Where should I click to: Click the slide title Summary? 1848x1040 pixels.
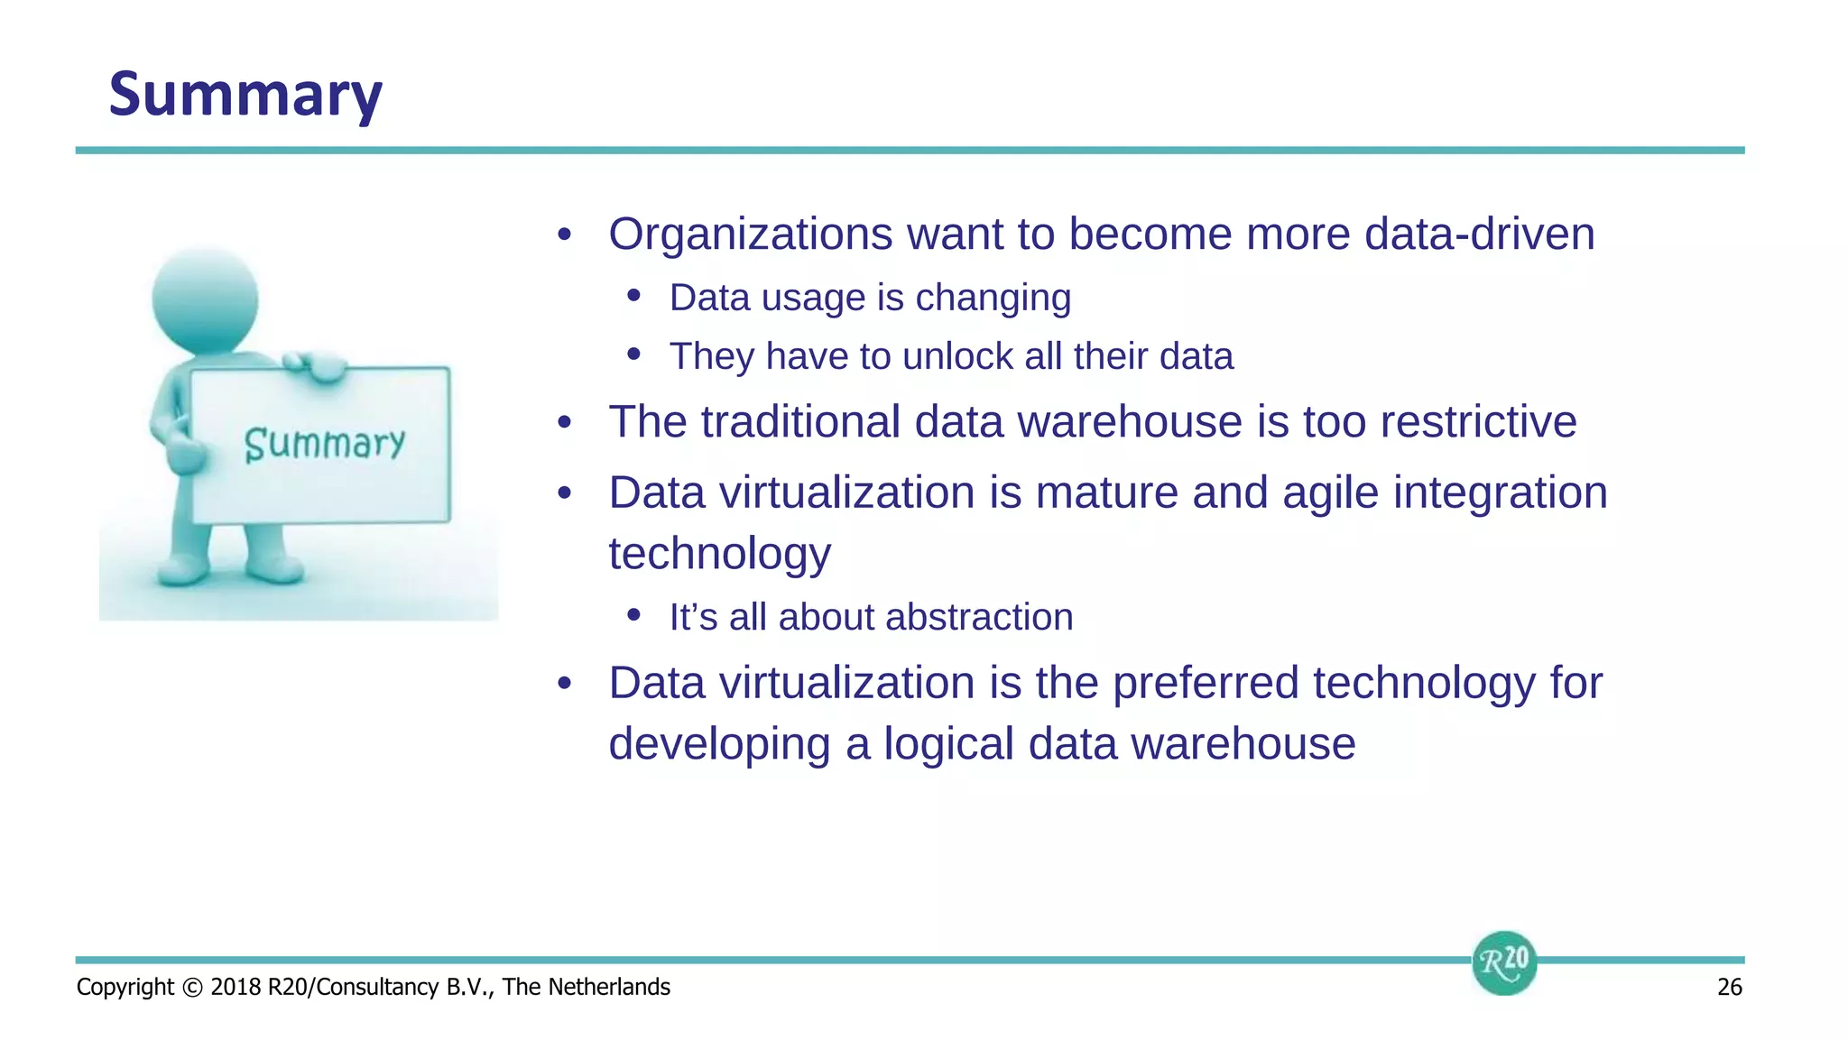pyautogui.click(x=245, y=95)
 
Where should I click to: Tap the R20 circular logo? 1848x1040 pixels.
pyautogui.click(x=1503, y=962)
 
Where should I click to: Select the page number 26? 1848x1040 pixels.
pyautogui.click(x=1729, y=987)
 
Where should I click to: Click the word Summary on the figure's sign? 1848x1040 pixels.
pyautogui.click(x=324, y=444)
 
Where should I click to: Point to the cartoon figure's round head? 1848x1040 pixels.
pyautogui.click(x=205, y=300)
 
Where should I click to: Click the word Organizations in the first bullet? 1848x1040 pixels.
pyautogui.click(x=750, y=235)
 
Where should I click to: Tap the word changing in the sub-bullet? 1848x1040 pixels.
pyautogui.click(x=993, y=299)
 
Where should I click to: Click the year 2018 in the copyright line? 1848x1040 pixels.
pyautogui.click(x=236, y=987)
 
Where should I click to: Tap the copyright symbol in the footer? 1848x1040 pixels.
pyautogui.click(x=192, y=987)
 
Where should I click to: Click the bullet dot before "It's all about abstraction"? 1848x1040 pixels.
pyautogui.click(x=633, y=616)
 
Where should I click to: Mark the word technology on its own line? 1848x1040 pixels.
pyautogui.click(x=719, y=555)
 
